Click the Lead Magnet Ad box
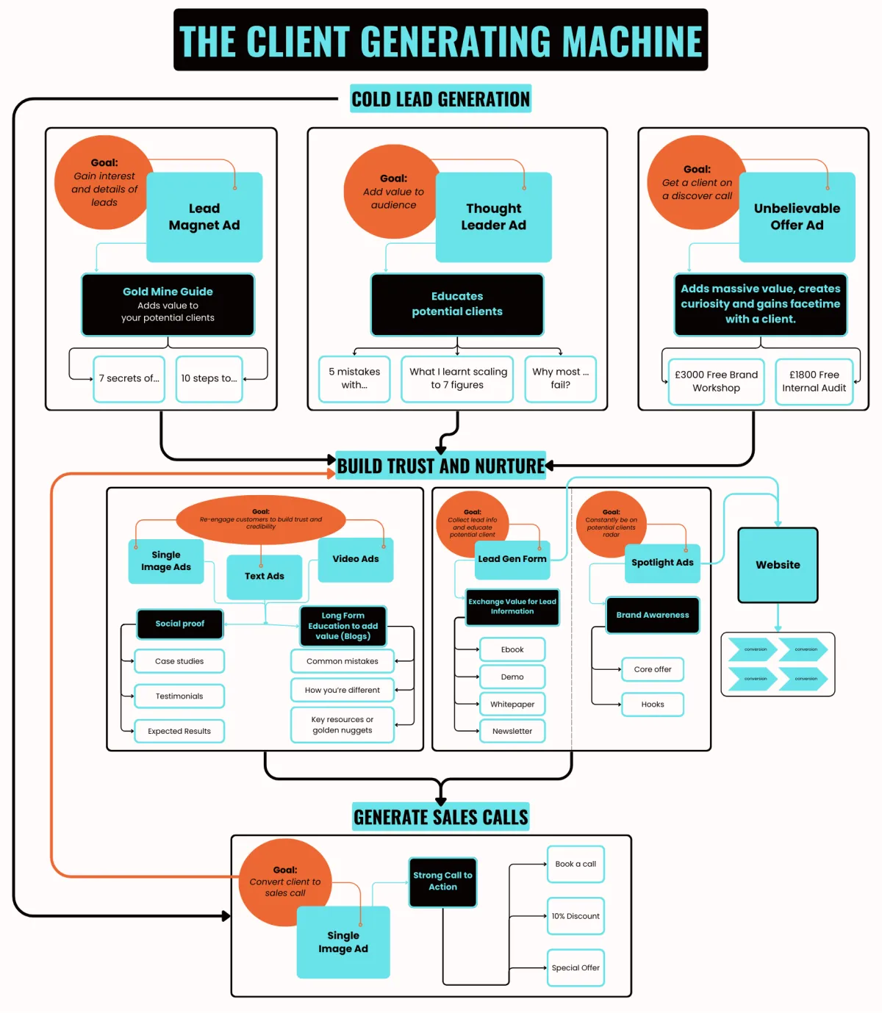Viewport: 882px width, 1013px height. pyautogui.click(x=204, y=217)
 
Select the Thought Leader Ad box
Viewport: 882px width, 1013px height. pyautogui.click(x=493, y=217)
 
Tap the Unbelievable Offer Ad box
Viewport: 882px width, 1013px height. pyautogui.click(x=797, y=217)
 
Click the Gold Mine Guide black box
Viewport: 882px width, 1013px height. pyautogui.click(x=168, y=304)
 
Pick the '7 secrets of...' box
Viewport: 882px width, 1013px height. pyautogui.click(x=129, y=378)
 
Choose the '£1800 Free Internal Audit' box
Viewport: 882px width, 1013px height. pyautogui.click(x=814, y=381)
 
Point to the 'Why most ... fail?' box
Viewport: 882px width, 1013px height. pyautogui.click(x=560, y=378)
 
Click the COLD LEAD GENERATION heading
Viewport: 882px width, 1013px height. pyautogui.click(x=440, y=99)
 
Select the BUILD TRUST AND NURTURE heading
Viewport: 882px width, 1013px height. pyautogui.click(x=440, y=466)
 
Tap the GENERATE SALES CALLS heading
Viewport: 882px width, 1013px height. pyautogui.click(x=440, y=817)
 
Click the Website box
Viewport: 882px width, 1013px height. pyautogui.click(x=778, y=565)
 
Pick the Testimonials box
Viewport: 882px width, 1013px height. pyautogui.click(x=179, y=696)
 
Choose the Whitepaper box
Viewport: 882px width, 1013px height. pyautogui.click(x=512, y=704)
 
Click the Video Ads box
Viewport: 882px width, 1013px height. pyautogui.click(x=356, y=560)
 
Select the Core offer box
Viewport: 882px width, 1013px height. pyautogui.click(x=653, y=669)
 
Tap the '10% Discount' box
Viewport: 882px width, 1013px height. pyautogui.click(x=576, y=916)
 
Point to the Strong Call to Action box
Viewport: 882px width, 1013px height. pyautogui.click(x=442, y=882)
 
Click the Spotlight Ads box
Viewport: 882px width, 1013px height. pyautogui.click(x=662, y=563)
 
